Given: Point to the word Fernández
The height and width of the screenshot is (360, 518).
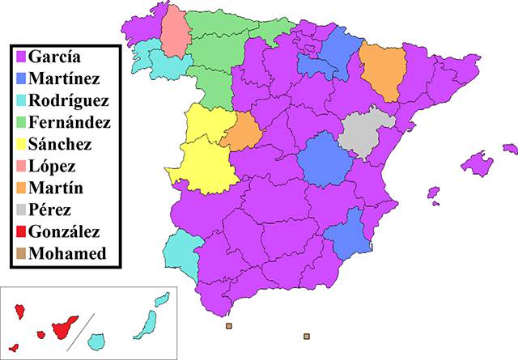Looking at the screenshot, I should tap(69, 123).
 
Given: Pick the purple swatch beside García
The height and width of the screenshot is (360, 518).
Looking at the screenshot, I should tap(20, 57).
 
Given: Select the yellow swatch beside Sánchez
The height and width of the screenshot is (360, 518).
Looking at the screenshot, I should tap(20, 145).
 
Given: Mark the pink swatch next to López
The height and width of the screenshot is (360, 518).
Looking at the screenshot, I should tap(20, 167).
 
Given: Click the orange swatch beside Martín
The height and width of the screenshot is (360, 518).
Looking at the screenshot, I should tap(20, 188).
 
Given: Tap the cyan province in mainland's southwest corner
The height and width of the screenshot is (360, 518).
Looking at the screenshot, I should tap(181, 255).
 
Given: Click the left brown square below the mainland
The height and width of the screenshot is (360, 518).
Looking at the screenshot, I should tap(229, 326).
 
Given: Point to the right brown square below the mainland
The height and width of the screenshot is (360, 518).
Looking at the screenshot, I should tap(306, 335).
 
